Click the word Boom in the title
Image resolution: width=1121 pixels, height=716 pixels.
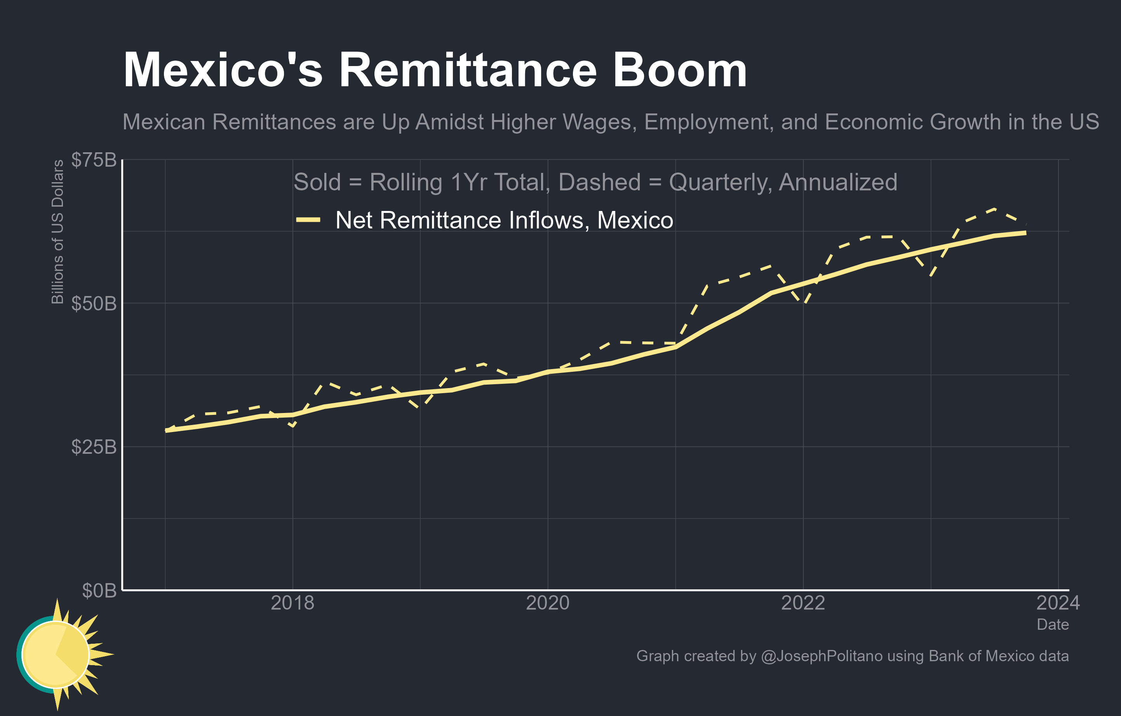[680, 71]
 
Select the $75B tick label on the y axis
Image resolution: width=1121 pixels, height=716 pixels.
[94, 160]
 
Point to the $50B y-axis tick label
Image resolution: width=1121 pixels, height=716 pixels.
[94, 303]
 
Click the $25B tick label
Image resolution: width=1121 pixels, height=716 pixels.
[94, 447]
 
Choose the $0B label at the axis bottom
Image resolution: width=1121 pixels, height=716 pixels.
[99, 590]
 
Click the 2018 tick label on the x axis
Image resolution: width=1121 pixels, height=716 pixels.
[292, 603]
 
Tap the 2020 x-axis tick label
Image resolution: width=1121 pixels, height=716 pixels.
[547, 603]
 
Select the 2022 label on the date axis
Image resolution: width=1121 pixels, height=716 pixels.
[802, 603]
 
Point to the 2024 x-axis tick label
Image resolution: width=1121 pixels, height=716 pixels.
[1058, 603]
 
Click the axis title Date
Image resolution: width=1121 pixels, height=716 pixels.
[1053, 624]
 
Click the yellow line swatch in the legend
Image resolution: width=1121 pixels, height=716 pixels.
[308, 220]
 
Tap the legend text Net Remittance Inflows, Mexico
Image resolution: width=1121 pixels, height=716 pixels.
[504, 220]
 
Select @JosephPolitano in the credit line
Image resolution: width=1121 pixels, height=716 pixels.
[821, 656]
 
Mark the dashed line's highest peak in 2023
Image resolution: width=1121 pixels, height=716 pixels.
[994, 209]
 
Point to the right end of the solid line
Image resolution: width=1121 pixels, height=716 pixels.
[1025, 233]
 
